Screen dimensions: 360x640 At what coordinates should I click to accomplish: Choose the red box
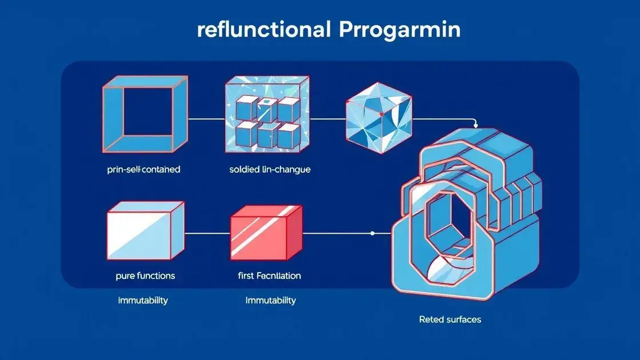[x=265, y=231]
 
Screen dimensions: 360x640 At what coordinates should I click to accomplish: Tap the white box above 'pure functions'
[x=145, y=230]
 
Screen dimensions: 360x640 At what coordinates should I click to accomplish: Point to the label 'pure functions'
[x=145, y=275]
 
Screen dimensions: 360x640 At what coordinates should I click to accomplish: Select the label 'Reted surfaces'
[x=450, y=319]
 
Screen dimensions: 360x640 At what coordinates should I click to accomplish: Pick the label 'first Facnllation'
[x=269, y=275]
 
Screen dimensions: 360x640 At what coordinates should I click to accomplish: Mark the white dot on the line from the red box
[x=372, y=233]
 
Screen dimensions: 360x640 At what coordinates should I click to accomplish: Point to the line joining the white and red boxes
[x=206, y=233]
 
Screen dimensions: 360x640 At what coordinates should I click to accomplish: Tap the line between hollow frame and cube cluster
[x=205, y=119]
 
